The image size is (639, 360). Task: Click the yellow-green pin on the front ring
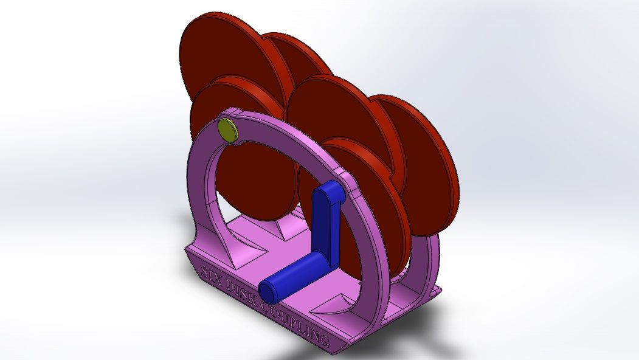click(227, 130)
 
